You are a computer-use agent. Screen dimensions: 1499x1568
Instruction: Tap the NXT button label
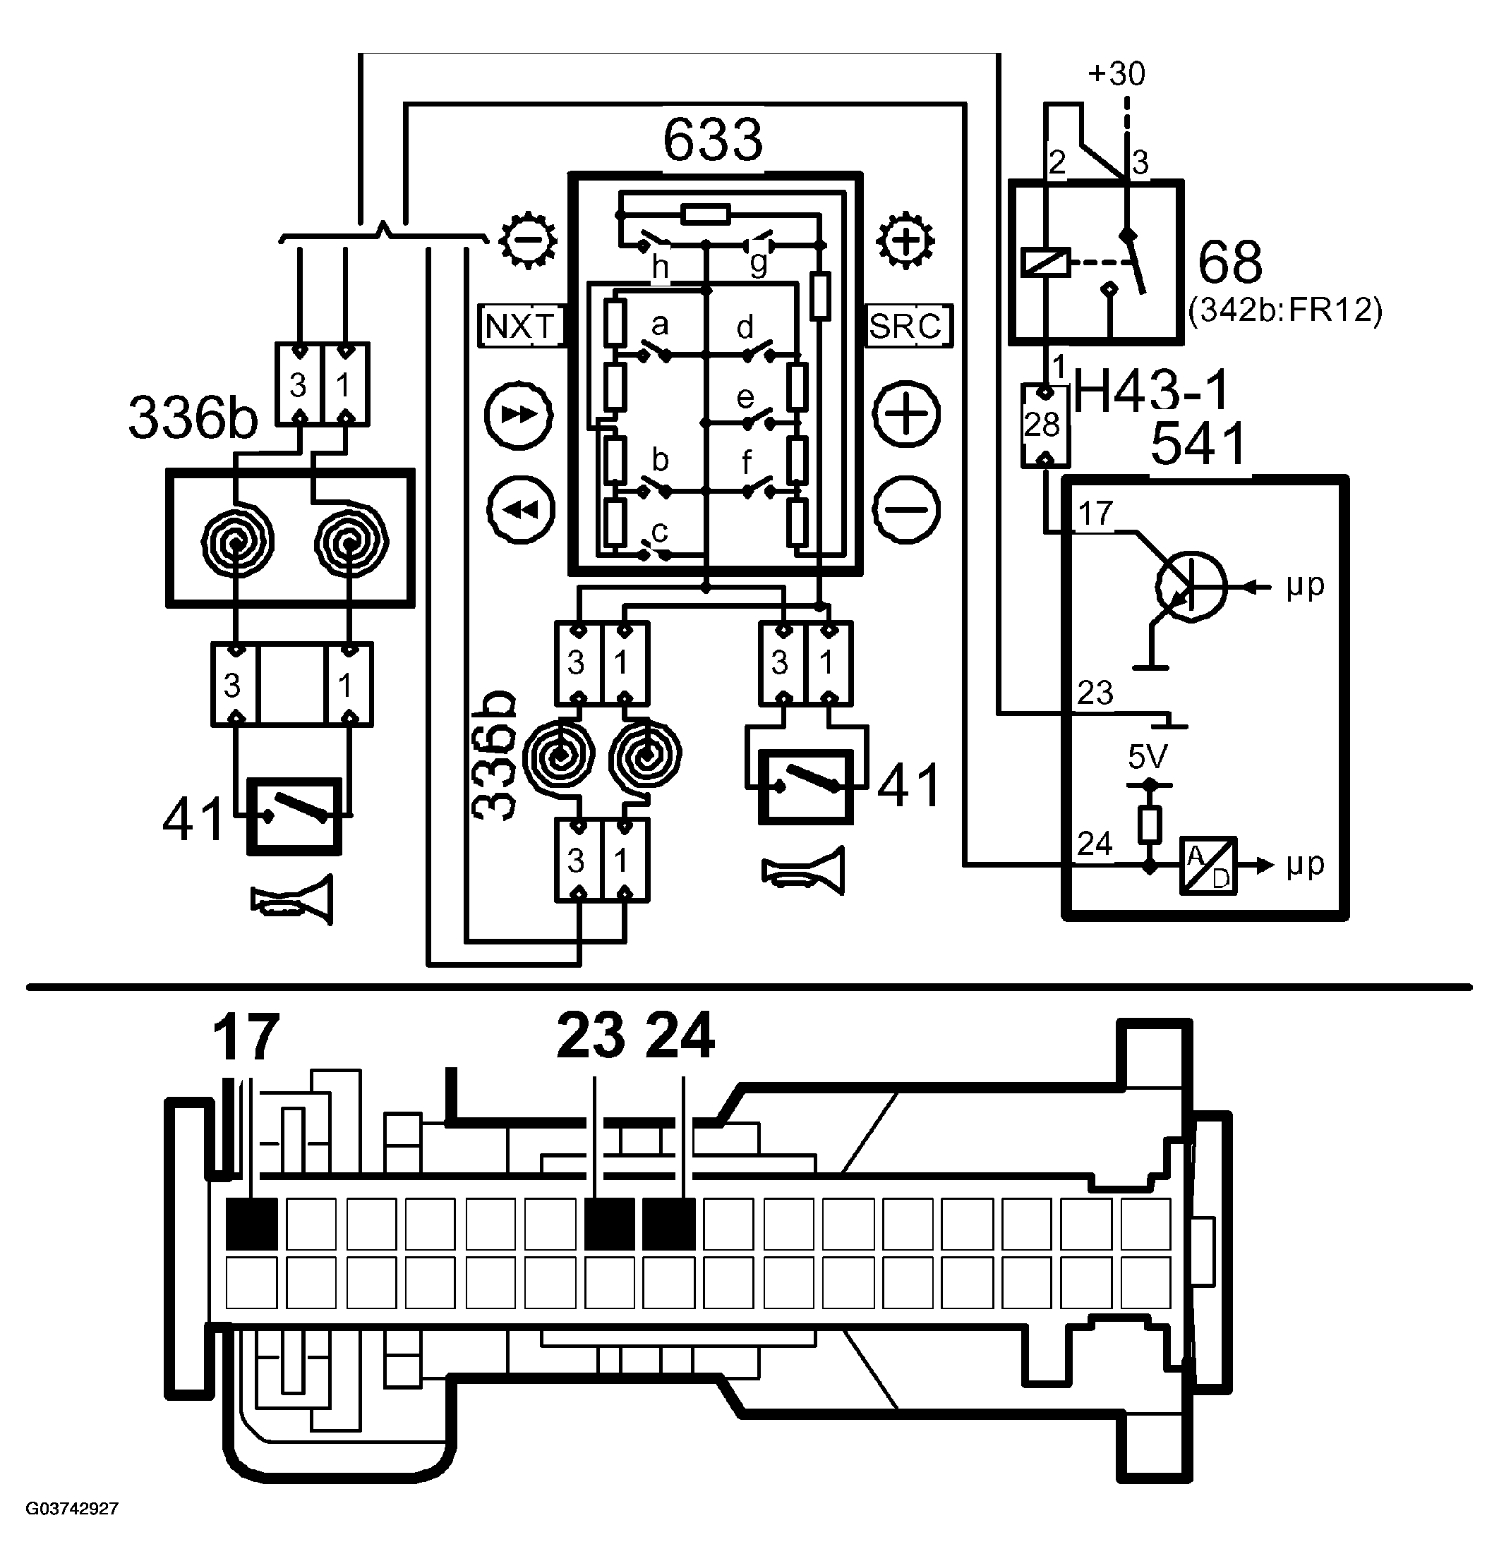click(x=520, y=326)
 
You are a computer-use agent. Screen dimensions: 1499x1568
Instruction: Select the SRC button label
click(x=908, y=326)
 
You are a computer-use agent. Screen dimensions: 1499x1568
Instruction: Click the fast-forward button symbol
click(x=519, y=415)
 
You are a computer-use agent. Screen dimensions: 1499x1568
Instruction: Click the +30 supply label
click(x=1116, y=73)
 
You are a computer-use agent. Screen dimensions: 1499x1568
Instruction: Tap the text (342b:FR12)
click(x=1285, y=310)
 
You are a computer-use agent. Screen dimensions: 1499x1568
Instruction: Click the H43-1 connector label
click(x=1150, y=393)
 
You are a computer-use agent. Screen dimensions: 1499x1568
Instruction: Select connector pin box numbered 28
click(x=1045, y=425)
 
